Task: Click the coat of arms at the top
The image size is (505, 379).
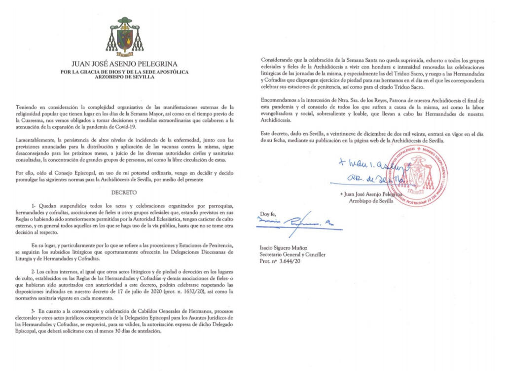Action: click(x=125, y=38)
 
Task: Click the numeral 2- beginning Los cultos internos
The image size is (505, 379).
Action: click(x=34, y=272)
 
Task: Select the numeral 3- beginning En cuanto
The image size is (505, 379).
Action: click(x=34, y=311)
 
